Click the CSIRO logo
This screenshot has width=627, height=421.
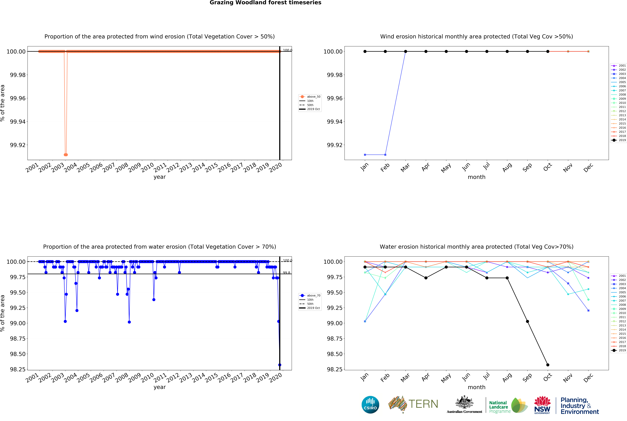coord(370,405)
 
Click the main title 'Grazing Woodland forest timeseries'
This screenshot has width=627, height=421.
coord(265,3)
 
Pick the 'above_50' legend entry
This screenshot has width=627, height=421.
coord(310,97)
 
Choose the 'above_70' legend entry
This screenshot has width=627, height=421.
coord(310,295)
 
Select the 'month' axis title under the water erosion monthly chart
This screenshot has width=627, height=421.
coord(476,387)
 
